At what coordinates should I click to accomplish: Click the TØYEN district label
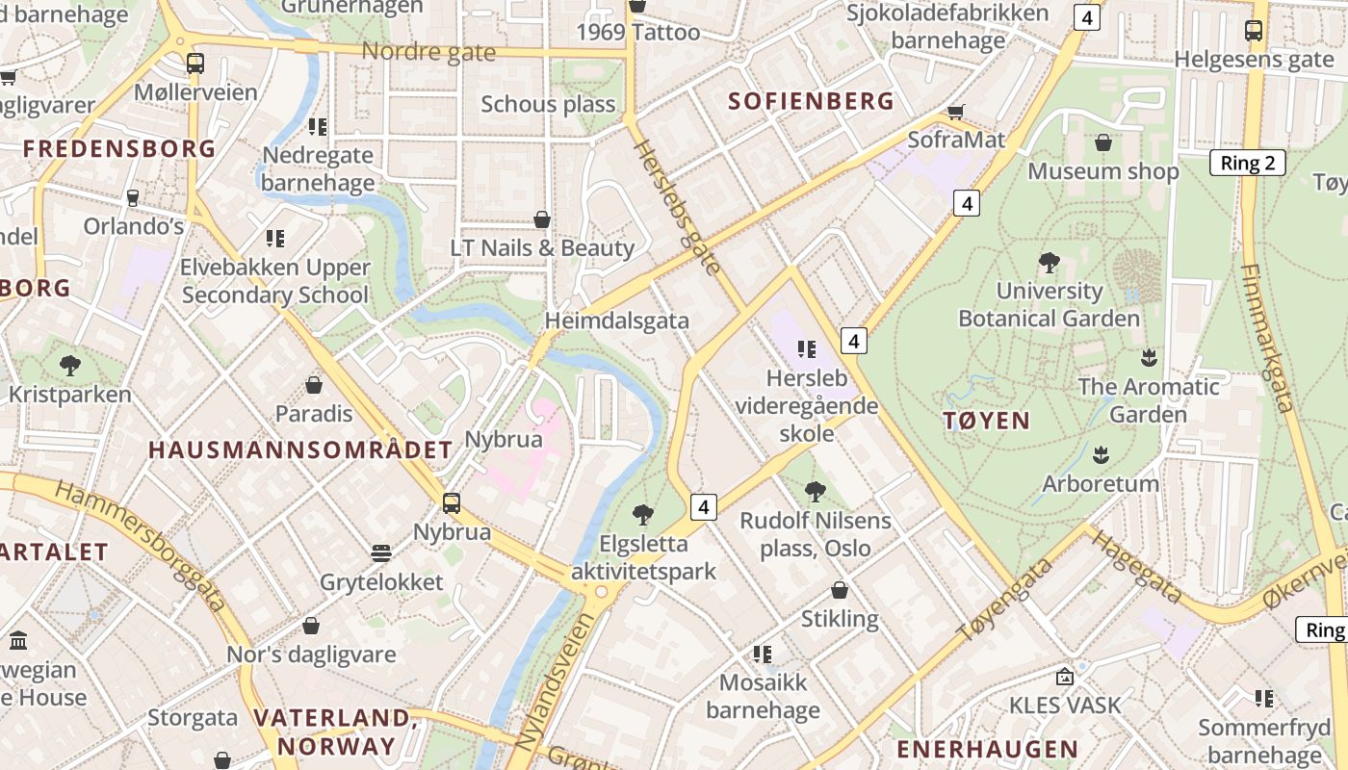click(x=987, y=421)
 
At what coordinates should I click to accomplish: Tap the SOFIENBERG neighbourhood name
click(x=811, y=101)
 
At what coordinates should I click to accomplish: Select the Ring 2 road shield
click(x=1247, y=163)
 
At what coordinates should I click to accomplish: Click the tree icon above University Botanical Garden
click(x=1050, y=262)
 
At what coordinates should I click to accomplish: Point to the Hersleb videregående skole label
click(x=807, y=405)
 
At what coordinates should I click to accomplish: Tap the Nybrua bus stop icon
click(x=451, y=502)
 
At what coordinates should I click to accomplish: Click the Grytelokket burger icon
click(x=381, y=553)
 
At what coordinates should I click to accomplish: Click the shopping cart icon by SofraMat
click(x=956, y=112)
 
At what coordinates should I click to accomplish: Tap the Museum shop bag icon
click(x=1103, y=142)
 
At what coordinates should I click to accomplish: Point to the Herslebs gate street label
click(x=677, y=205)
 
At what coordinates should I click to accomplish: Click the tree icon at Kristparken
click(x=69, y=366)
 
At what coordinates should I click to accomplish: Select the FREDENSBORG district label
click(x=119, y=148)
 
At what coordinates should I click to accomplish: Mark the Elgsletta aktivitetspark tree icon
click(x=643, y=515)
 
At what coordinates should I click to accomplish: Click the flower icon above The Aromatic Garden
click(x=1148, y=358)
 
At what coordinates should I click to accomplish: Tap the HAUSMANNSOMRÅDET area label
click(x=299, y=449)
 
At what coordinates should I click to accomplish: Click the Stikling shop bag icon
click(x=840, y=590)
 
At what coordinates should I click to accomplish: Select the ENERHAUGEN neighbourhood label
click(x=987, y=749)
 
